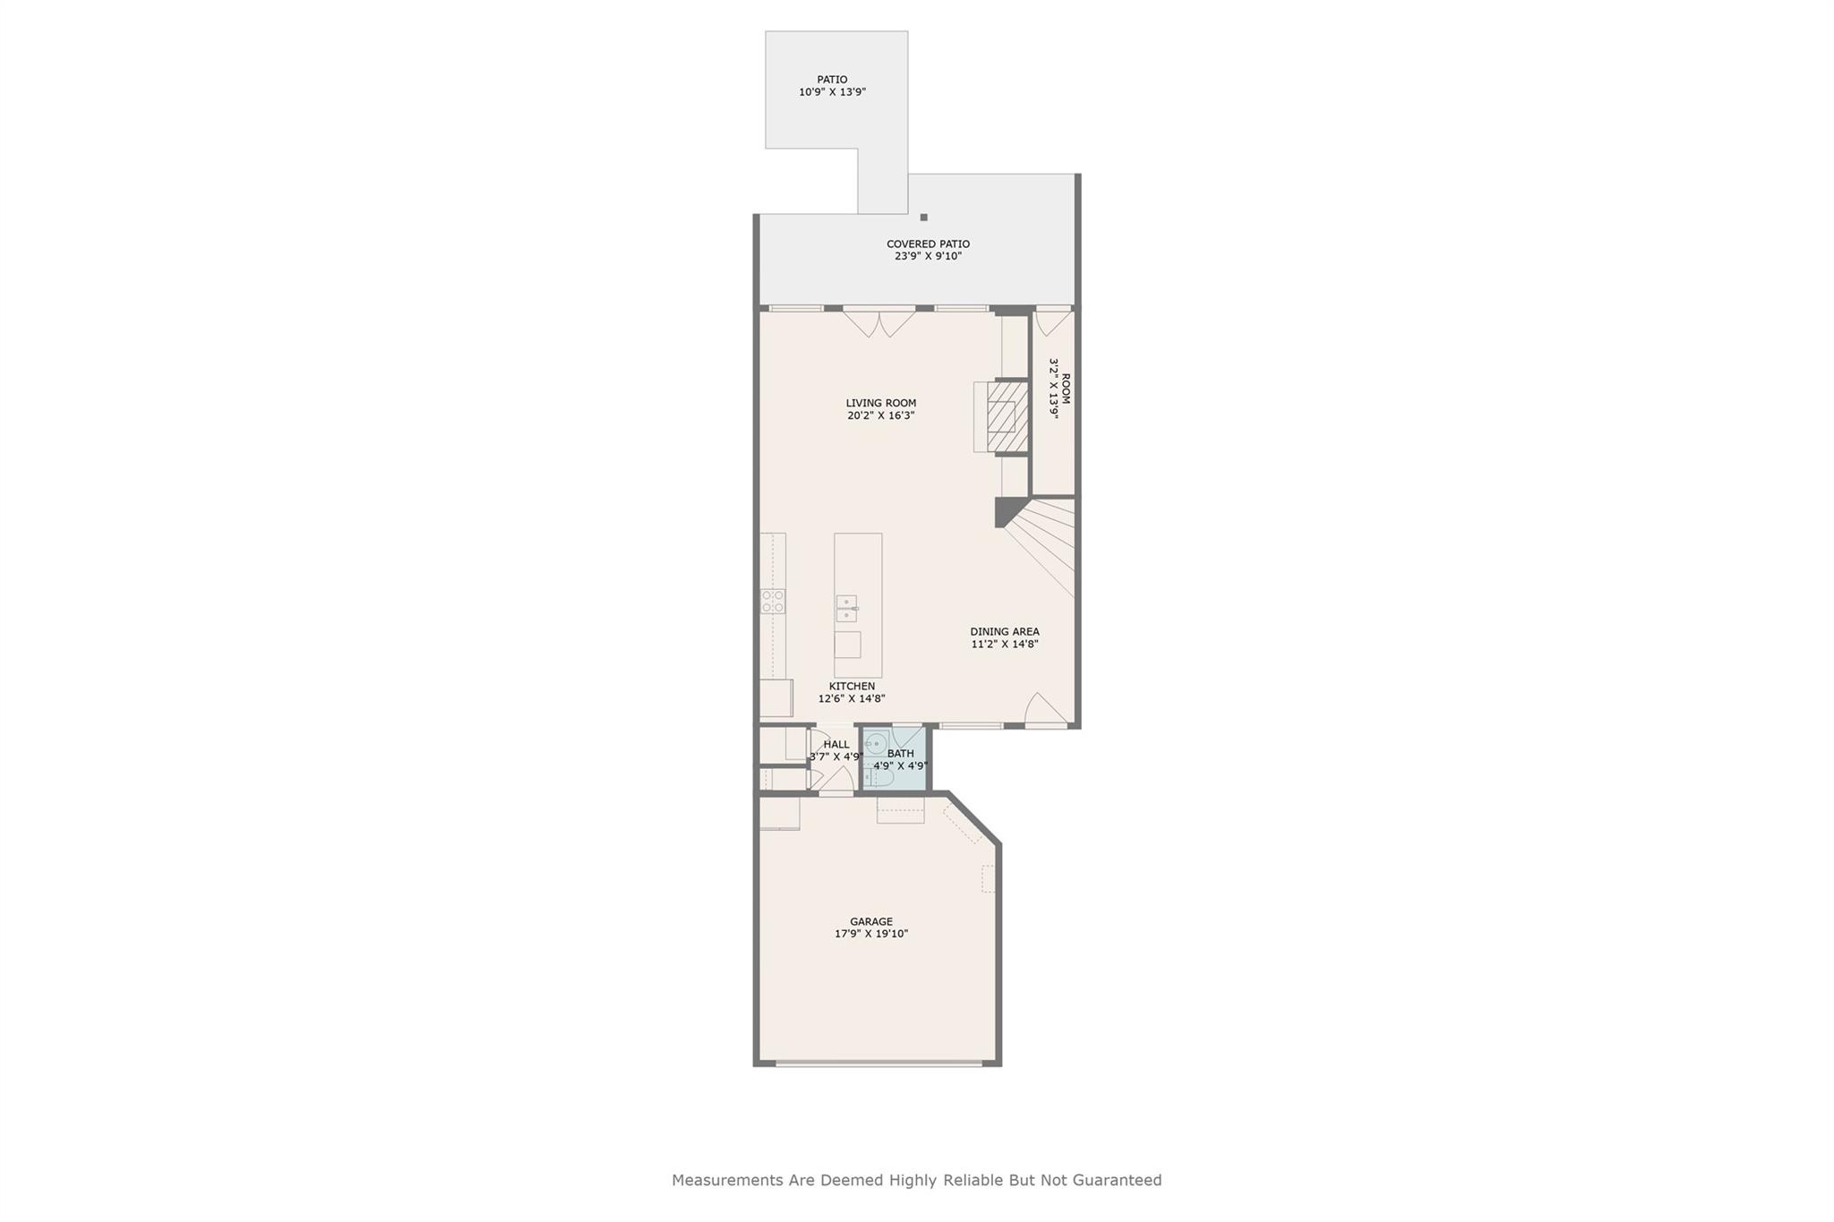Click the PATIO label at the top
click(832, 80)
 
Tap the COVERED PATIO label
click(928, 244)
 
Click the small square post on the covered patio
click(923, 218)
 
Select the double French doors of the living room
click(879, 323)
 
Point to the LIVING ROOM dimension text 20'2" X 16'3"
click(880, 415)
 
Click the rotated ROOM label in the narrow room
click(1066, 389)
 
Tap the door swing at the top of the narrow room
click(1052, 322)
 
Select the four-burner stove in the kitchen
click(773, 601)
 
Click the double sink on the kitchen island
click(846, 608)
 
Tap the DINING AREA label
click(1004, 631)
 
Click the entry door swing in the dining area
click(1044, 709)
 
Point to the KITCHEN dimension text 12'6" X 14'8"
click(851, 699)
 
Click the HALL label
click(836, 744)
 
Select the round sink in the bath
click(876, 743)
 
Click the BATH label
click(900, 754)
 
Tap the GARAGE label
click(870, 921)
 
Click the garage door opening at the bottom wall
click(878, 1063)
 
